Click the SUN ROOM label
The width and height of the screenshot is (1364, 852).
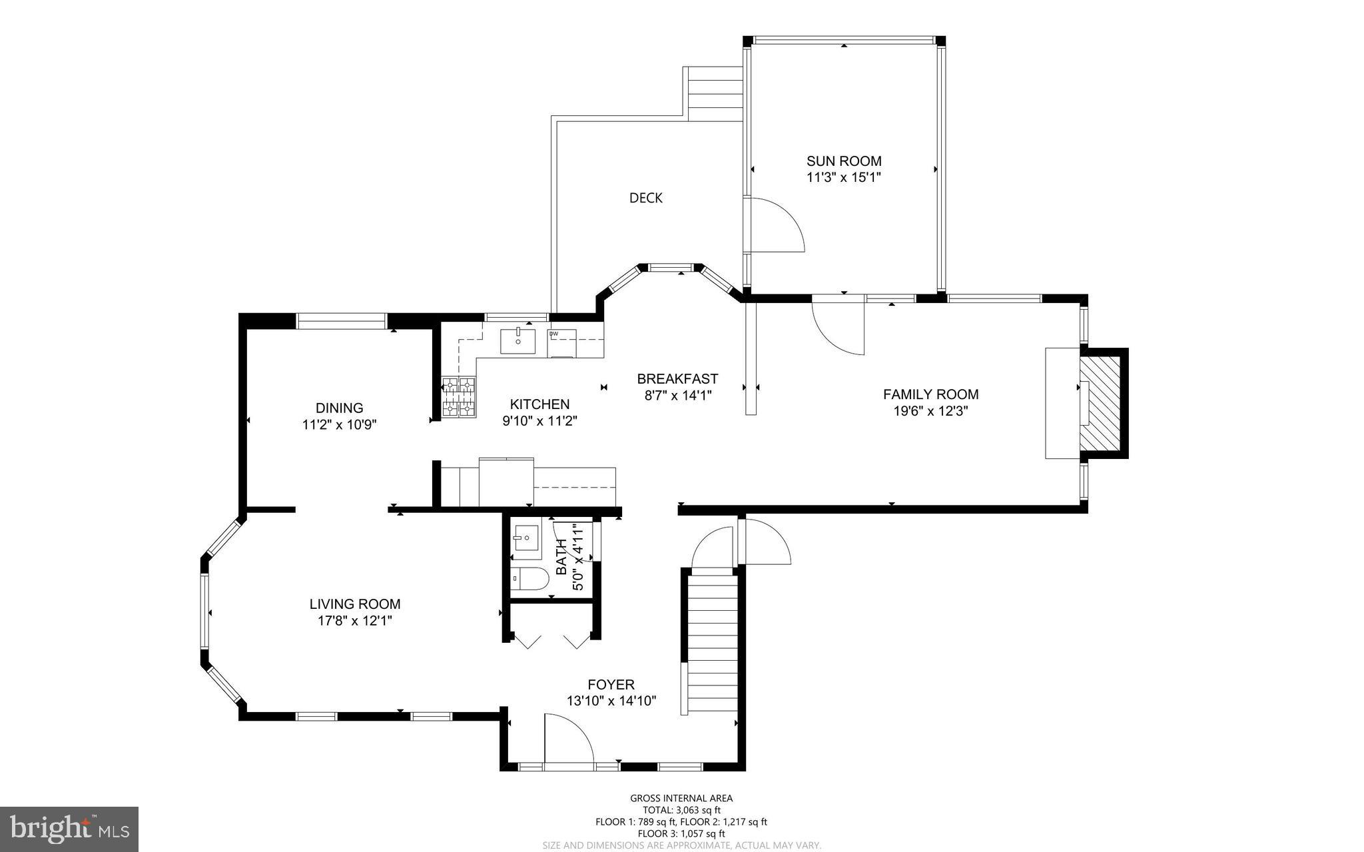click(843, 161)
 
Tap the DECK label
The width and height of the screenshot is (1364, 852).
click(645, 198)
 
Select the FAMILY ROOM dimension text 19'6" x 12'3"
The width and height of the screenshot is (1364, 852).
click(930, 411)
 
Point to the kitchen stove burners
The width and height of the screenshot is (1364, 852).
click(459, 397)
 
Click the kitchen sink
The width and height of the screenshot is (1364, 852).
click(517, 340)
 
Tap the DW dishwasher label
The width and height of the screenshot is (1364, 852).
click(553, 334)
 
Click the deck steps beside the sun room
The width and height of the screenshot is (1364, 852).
click(715, 94)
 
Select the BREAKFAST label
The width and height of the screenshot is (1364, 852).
click(677, 379)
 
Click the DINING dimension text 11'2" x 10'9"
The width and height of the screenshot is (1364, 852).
click(339, 425)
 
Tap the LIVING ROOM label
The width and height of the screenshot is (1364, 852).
click(354, 604)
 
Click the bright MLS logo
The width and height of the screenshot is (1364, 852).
click(69, 829)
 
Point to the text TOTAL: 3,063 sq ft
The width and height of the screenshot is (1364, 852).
click(681, 810)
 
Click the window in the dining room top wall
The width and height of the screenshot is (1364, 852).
click(341, 321)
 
